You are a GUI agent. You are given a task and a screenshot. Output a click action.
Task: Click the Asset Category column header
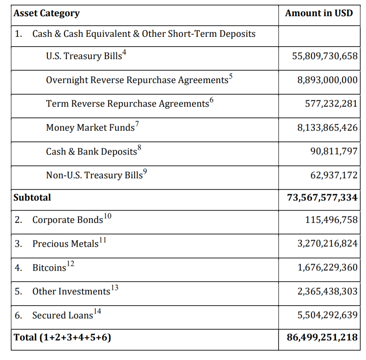(x=46, y=14)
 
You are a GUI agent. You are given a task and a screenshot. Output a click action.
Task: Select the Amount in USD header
(x=319, y=14)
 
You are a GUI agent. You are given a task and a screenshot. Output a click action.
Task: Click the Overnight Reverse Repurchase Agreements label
(x=137, y=80)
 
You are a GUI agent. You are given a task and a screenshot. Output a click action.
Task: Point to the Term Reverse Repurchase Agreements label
(x=127, y=104)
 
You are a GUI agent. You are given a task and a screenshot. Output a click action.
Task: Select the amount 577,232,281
(x=331, y=104)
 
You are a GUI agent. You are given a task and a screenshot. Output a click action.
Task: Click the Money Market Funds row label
(x=90, y=128)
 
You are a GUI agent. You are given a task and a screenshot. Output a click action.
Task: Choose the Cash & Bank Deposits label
(x=91, y=152)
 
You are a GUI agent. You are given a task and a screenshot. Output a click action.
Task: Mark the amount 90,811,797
(x=334, y=152)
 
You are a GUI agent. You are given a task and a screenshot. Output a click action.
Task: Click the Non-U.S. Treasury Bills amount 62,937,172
(x=334, y=175)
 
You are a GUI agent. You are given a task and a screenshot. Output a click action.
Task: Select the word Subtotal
(x=32, y=197)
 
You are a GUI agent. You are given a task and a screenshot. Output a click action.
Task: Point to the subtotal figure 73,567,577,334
(x=322, y=197)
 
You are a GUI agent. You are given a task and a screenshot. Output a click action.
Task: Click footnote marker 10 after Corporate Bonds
(x=107, y=216)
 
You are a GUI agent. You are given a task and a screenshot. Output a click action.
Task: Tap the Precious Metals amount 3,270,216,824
(x=327, y=244)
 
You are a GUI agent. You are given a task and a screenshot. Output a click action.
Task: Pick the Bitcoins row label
(x=49, y=268)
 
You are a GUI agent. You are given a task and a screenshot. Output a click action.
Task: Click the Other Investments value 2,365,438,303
(x=327, y=291)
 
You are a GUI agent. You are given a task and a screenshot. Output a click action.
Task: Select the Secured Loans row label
(x=62, y=315)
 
